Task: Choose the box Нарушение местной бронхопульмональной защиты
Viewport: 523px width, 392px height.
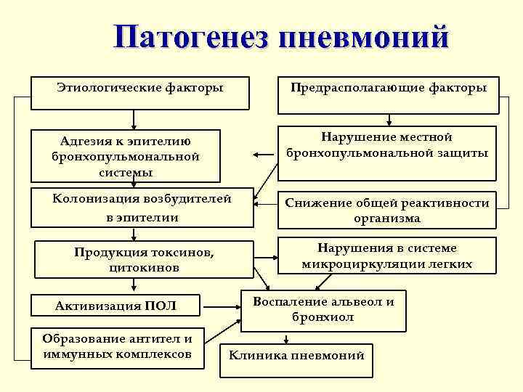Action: pos(387,152)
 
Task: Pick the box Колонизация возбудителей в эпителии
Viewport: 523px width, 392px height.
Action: pos(142,208)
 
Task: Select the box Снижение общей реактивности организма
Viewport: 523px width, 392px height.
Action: pos(387,211)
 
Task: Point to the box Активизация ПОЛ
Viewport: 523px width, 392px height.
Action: pos(116,306)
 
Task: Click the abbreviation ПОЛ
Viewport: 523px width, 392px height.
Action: pos(161,306)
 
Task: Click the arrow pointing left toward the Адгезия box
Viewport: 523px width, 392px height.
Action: pos(260,155)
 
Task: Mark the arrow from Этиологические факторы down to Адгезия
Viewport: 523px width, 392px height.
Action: pos(134,120)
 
